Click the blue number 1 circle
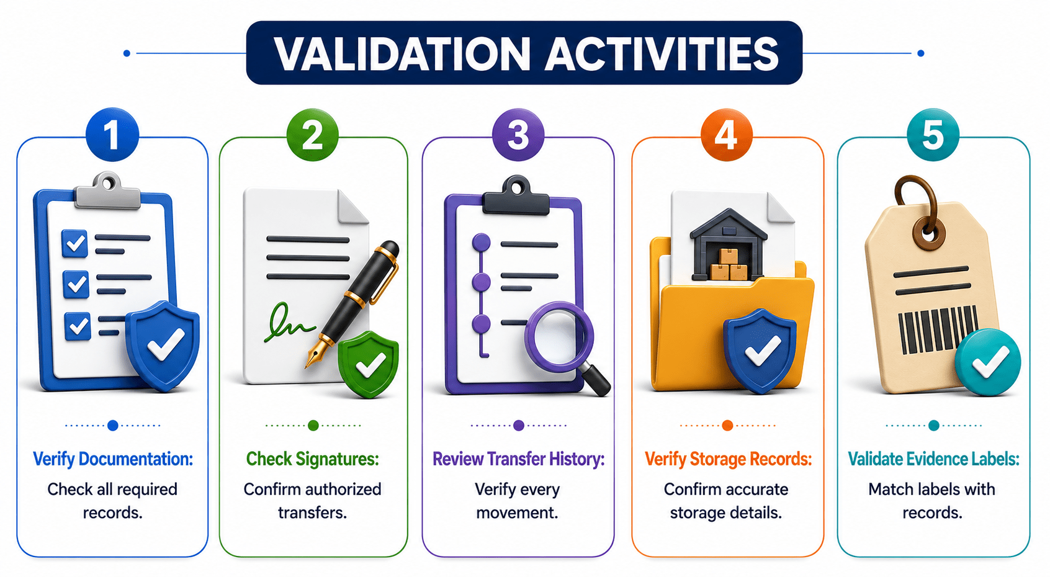click(x=112, y=135)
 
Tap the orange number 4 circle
click(x=727, y=135)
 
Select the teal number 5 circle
click(x=933, y=135)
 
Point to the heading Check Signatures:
click(x=313, y=459)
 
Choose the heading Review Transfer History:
click(x=518, y=459)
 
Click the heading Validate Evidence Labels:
click(x=933, y=459)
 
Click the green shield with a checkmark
click(x=369, y=364)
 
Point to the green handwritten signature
click(x=287, y=323)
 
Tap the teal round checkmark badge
click(x=988, y=362)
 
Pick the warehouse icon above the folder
click(x=728, y=244)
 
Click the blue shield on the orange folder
click(x=760, y=351)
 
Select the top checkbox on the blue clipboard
click(x=74, y=243)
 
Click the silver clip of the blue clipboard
click(x=108, y=190)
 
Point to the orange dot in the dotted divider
click(x=727, y=425)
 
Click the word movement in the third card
click(x=517, y=512)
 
